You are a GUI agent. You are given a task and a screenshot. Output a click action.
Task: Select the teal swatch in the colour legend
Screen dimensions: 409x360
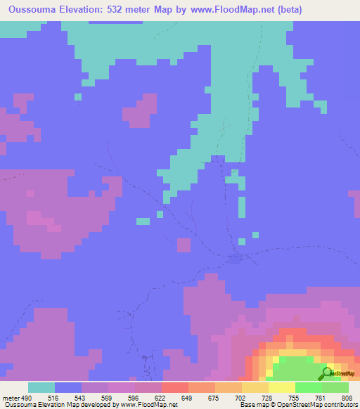click(x=41, y=387)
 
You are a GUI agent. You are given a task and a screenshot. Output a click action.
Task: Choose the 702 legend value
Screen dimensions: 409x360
click(x=241, y=397)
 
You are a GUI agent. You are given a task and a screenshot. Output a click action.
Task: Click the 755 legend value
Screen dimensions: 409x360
click(x=295, y=397)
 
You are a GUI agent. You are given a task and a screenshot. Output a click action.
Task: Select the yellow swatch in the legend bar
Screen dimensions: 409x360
click(x=282, y=387)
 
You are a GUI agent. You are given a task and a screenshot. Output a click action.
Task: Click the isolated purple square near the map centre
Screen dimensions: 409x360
click(x=184, y=245)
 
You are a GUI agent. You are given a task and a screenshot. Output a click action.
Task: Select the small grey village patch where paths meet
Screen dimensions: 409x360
click(x=236, y=259)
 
